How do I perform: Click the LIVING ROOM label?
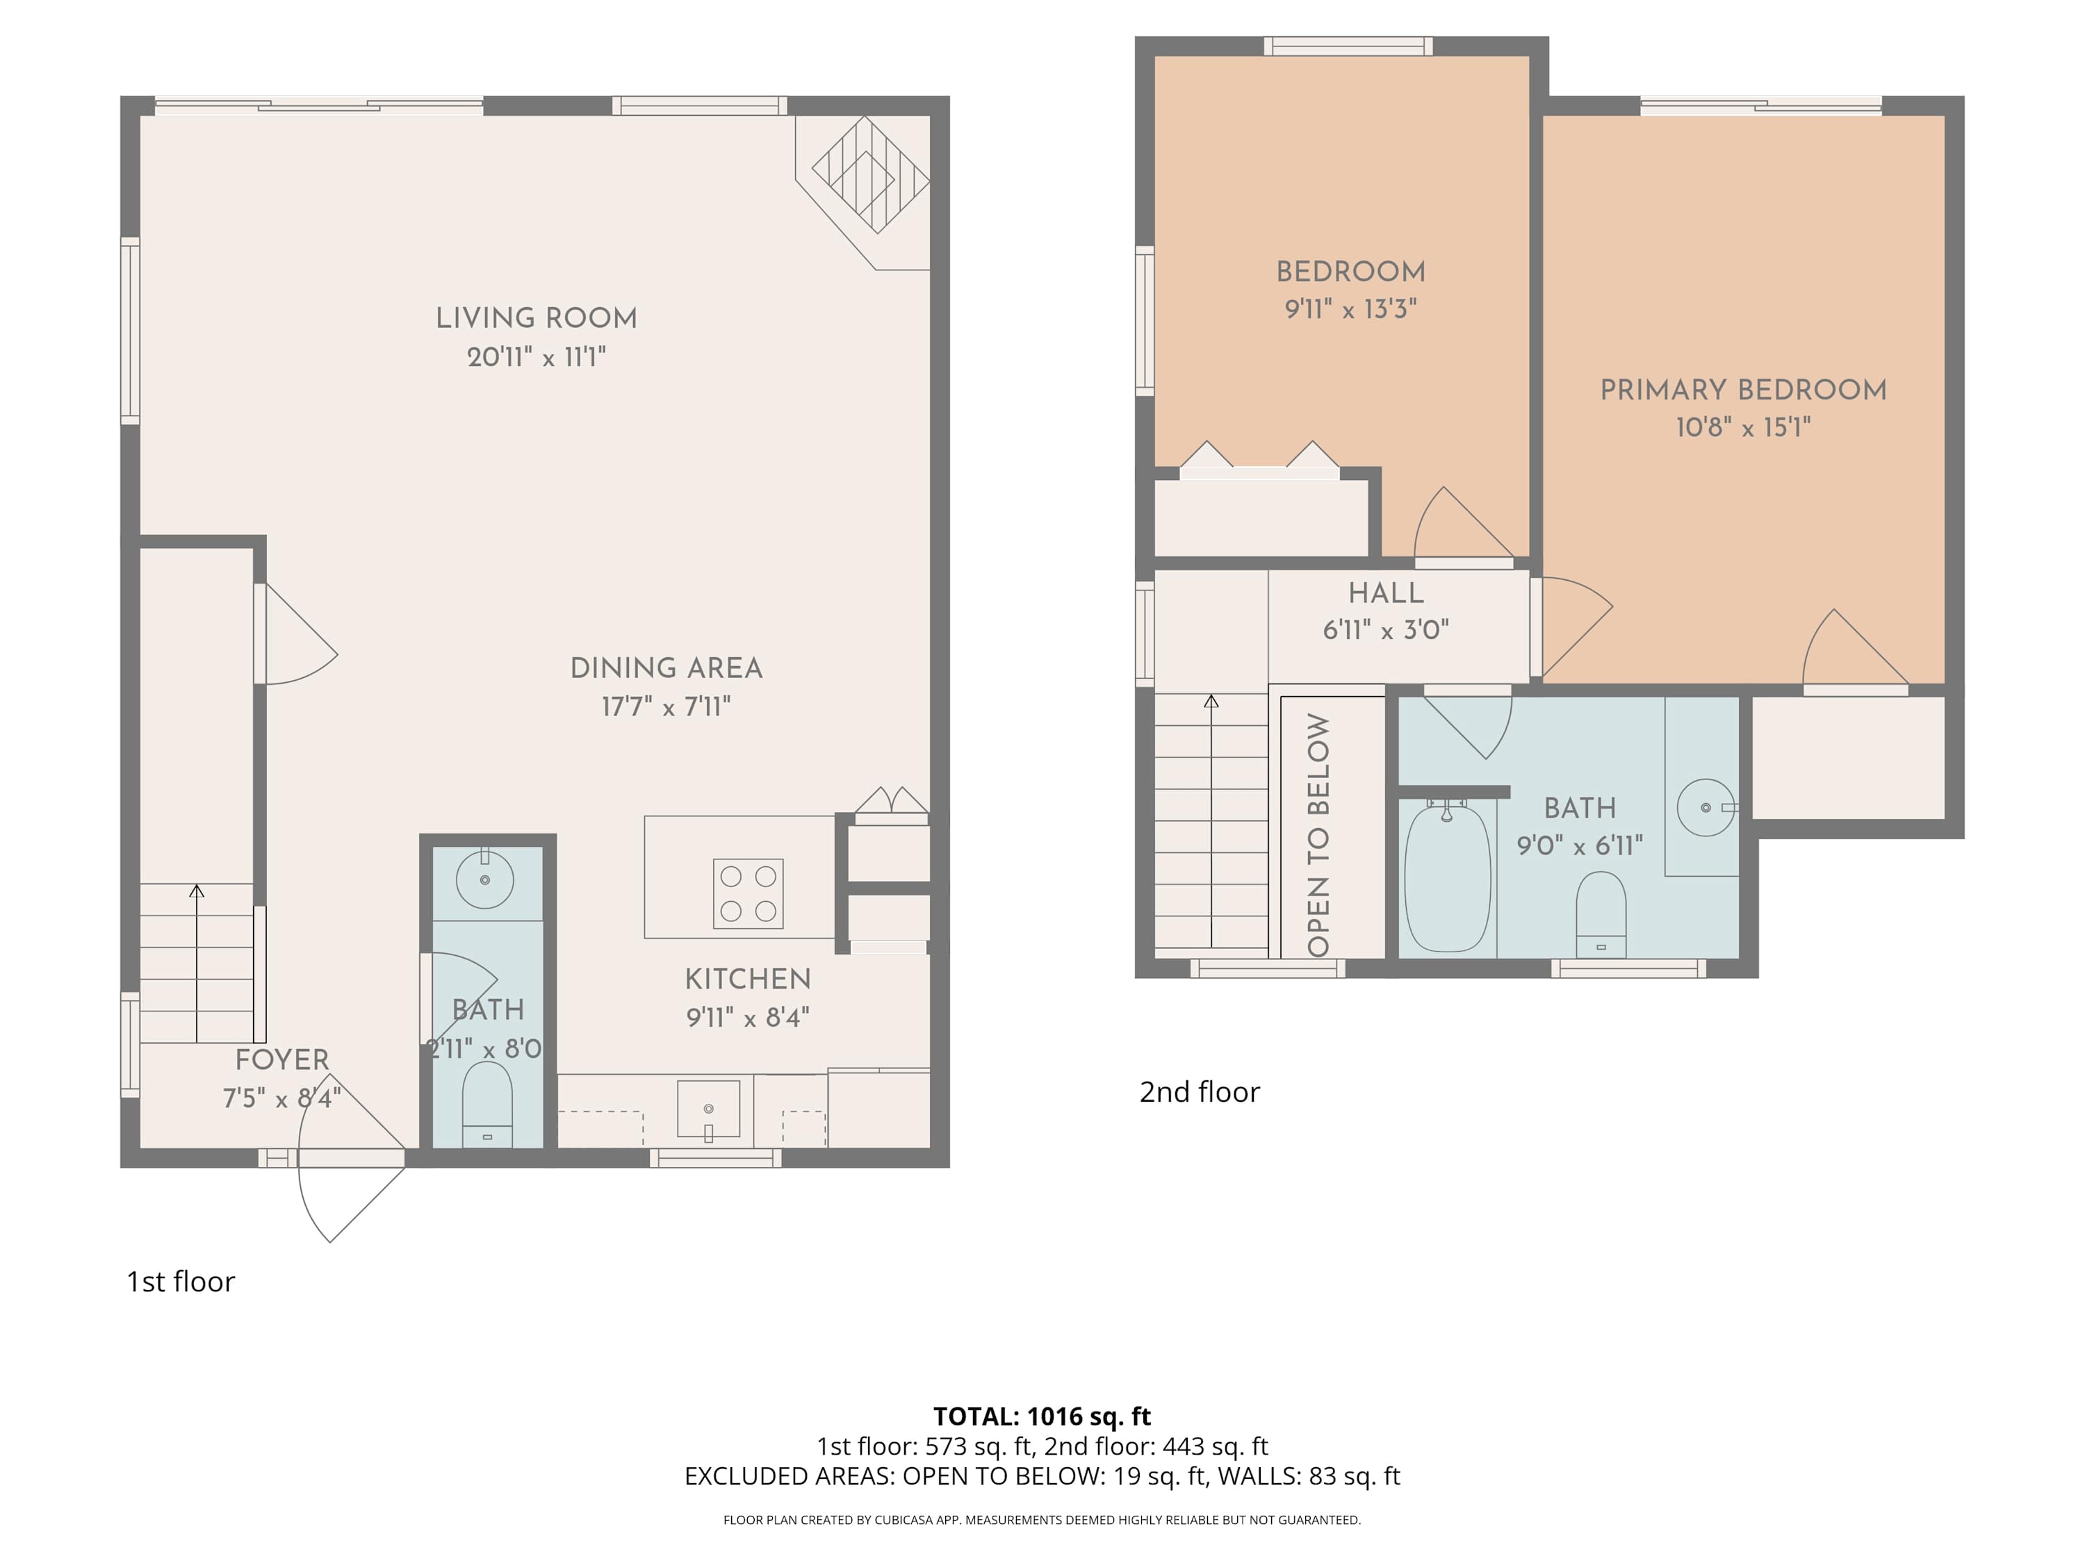pos(537,318)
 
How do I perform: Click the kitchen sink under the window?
pos(708,1109)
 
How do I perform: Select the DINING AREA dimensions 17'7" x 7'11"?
pos(667,706)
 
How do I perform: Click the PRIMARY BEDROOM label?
pos(1743,390)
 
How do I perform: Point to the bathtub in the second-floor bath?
pos(1447,877)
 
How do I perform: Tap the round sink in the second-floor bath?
pos(1705,807)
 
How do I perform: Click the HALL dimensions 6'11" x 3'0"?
pos(1386,629)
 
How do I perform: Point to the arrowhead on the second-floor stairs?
pos(1211,701)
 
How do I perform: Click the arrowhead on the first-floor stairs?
pos(196,891)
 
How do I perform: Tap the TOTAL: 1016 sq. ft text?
pos(1042,1416)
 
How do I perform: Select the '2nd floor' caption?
pos(1199,1092)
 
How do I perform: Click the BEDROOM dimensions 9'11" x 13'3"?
pos(1350,309)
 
